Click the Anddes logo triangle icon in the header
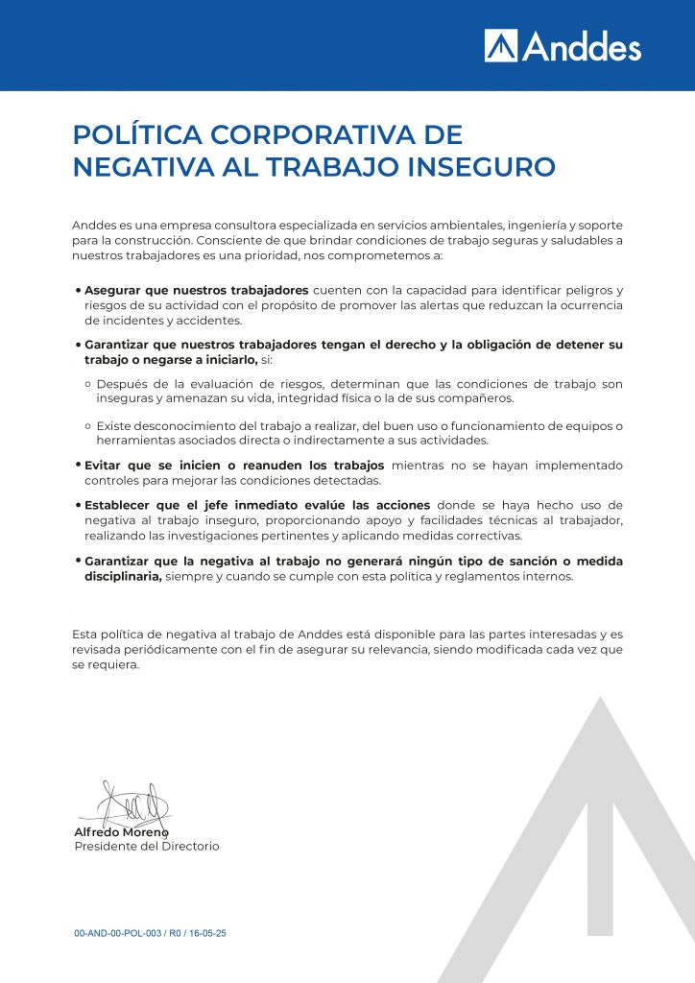501,45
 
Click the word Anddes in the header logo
582,45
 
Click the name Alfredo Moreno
121,831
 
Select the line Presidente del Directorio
146,847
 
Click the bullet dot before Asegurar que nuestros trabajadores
78,291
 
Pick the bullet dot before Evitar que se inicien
78,466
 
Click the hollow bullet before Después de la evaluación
87,384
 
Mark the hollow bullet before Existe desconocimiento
87,426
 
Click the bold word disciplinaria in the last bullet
123,577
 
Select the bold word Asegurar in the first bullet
113,290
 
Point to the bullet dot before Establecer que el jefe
78,505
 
